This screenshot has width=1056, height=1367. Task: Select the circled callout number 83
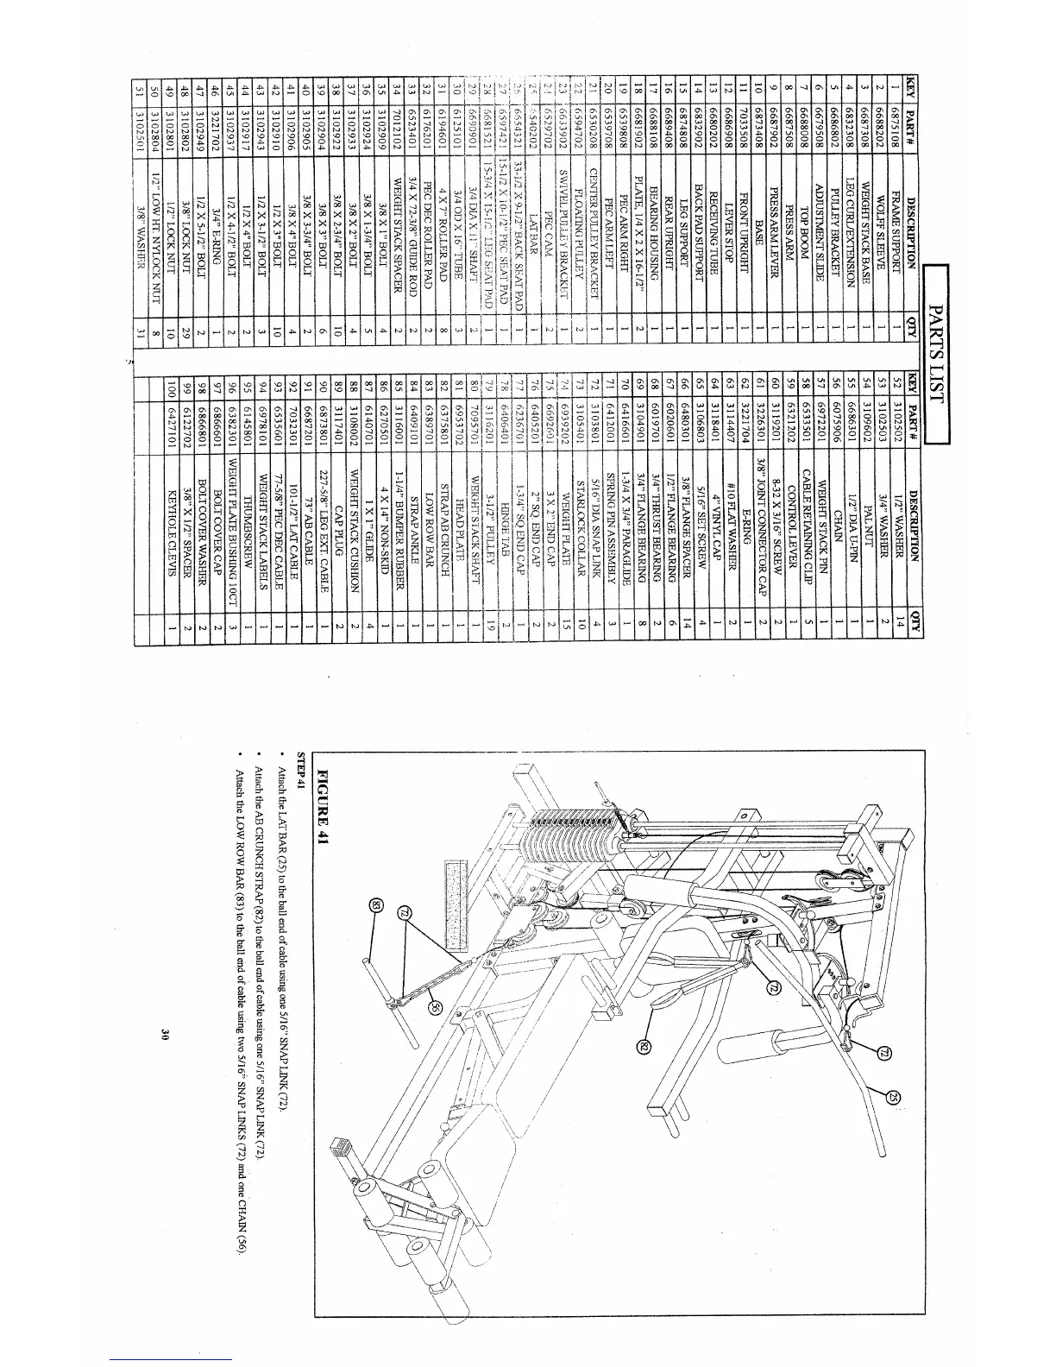point(374,905)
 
